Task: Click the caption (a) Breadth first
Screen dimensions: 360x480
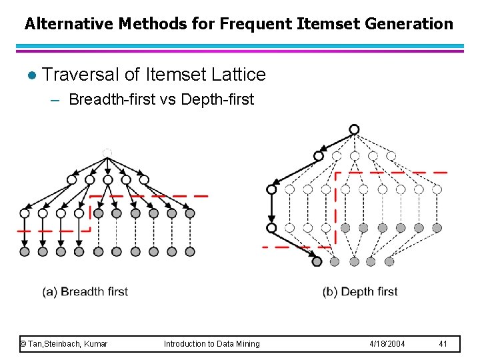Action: pyautogui.click(x=85, y=291)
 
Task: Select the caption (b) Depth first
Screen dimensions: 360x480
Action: pyautogui.click(x=360, y=291)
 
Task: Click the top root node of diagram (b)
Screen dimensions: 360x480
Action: pyautogui.click(x=354, y=129)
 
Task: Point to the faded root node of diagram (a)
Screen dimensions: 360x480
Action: pyautogui.click(x=107, y=153)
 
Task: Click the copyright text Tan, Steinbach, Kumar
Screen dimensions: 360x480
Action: pyautogui.click(x=65, y=344)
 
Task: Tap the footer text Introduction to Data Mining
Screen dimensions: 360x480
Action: pyautogui.click(x=212, y=344)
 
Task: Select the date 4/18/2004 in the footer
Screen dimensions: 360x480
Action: pyautogui.click(x=387, y=344)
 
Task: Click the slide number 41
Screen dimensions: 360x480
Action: pyautogui.click(x=443, y=344)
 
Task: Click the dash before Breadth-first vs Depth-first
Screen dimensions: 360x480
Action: pyautogui.click(x=55, y=100)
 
